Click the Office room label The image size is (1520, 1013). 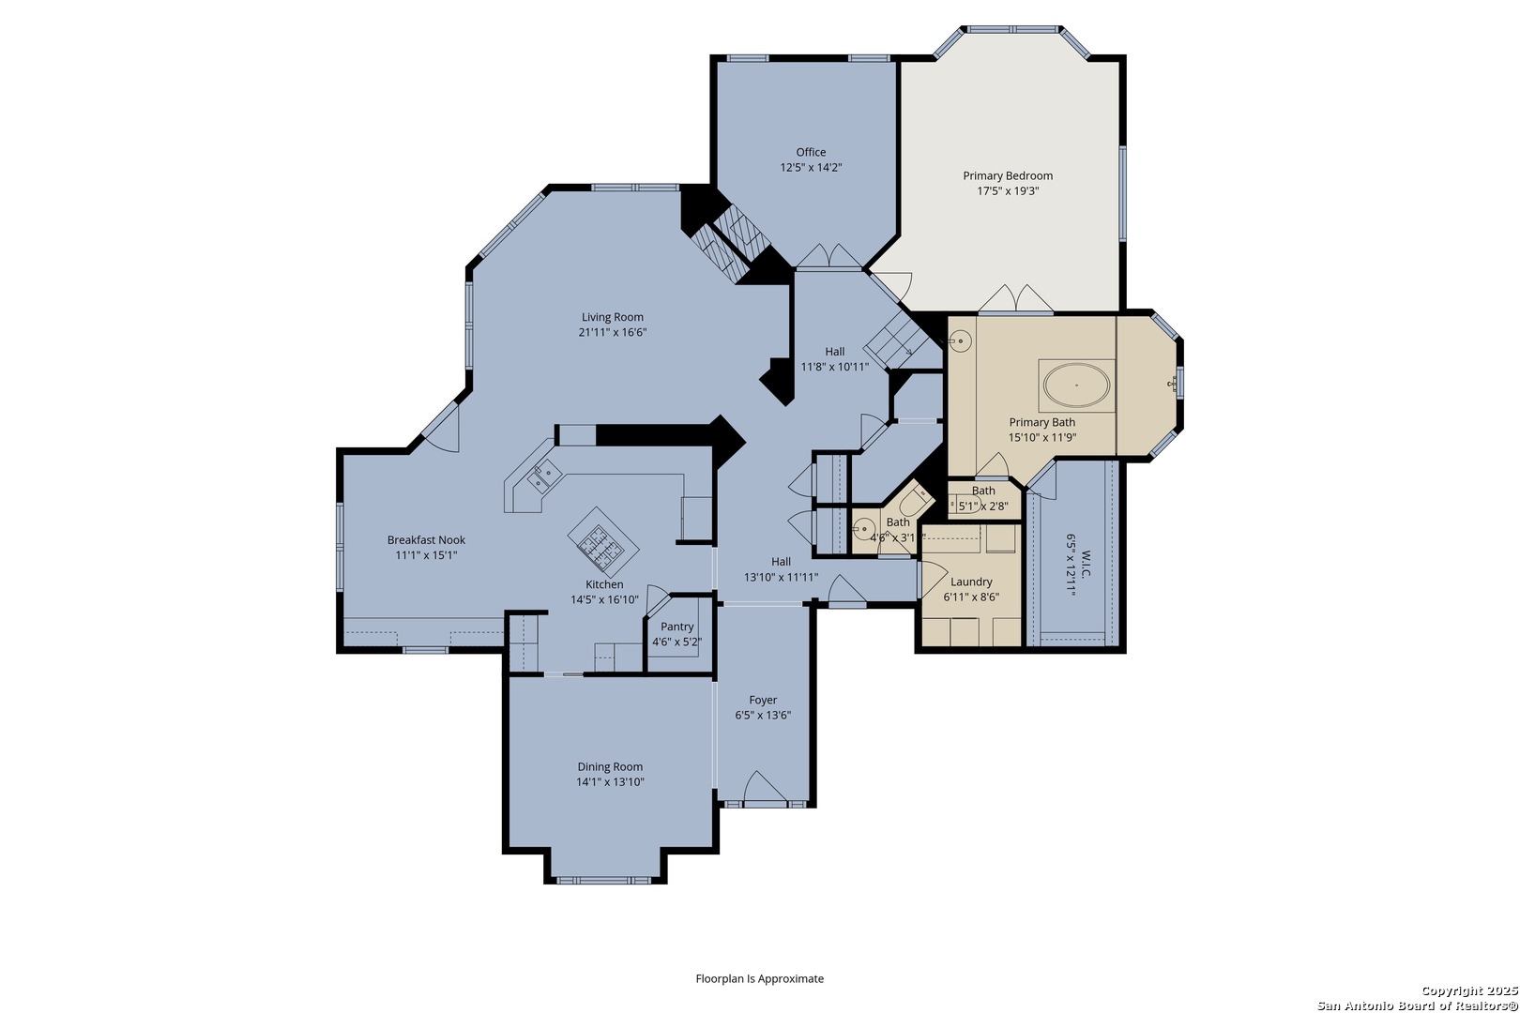811,152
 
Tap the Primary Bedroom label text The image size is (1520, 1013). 1008,175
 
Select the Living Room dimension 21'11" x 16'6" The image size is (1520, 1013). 612,332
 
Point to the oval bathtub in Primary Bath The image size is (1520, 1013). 1076,385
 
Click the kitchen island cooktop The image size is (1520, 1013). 602,543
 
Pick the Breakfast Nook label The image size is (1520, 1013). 426,540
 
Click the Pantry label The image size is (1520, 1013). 677,627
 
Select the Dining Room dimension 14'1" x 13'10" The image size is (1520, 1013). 610,781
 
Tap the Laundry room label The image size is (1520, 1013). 971,582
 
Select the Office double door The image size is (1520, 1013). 828,256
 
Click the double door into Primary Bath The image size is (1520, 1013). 1015,298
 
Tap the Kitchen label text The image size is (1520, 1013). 604,584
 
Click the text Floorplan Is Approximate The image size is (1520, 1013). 759,978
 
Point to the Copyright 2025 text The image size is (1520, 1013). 1469,990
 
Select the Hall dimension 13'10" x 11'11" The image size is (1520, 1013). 781,578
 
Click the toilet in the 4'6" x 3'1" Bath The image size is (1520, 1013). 916,499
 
